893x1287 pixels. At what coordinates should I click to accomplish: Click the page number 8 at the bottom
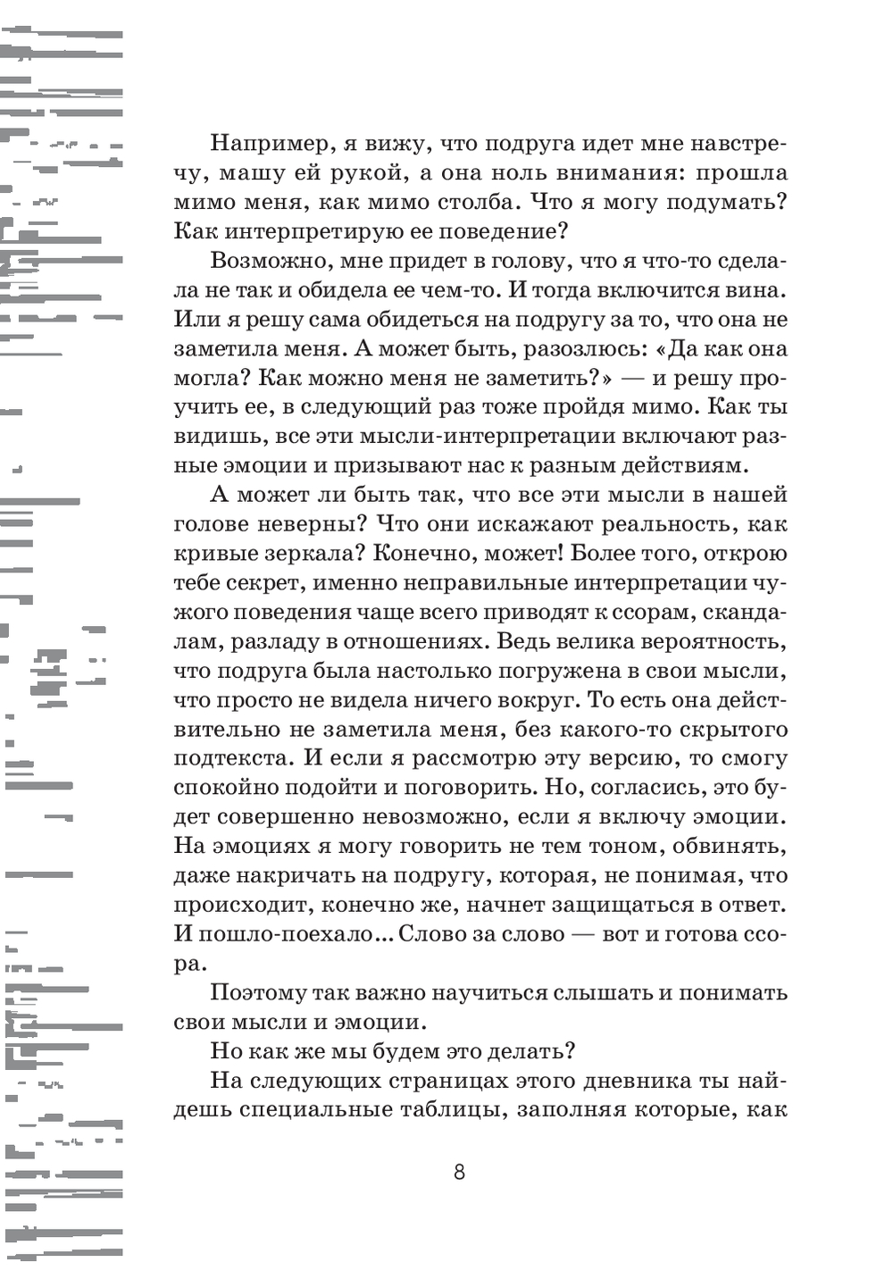coord(459,1172)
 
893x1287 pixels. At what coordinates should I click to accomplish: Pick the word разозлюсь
coord(503,348)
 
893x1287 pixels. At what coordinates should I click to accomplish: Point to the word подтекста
coord(232,758)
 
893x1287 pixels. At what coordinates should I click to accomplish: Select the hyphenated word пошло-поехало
coord(281,934)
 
